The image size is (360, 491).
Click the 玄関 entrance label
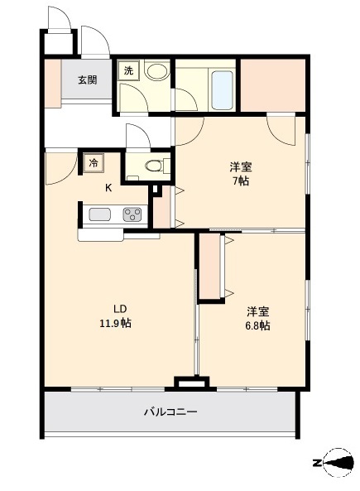click(87, 80)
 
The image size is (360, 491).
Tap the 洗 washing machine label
click(128, 71)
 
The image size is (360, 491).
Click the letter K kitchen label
click(108, 187)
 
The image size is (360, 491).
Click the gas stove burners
click(132, 215)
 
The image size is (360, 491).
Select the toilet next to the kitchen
click(153, 166)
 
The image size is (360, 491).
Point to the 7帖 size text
click(240, 180)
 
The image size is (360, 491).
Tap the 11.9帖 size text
click(114, 324)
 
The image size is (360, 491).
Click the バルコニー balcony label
click(170, 412)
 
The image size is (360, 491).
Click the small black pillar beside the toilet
click(155, 190)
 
